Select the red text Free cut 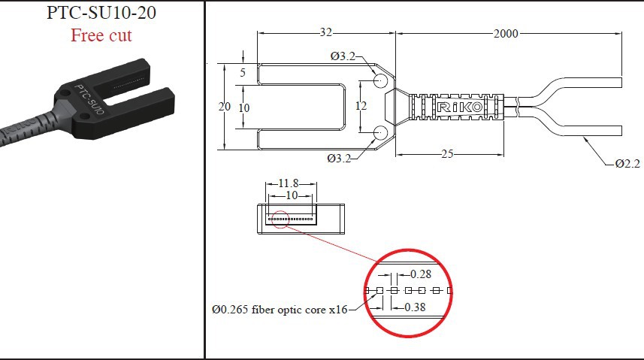coord(101,35)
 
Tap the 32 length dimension coord(326,33)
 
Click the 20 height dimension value coord(224,107)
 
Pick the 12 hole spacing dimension coord(361,106)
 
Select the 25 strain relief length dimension coord(447,155)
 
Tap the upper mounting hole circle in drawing coord(379,80)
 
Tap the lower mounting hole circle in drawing coord(379,133)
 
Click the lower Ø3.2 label coord(340,157)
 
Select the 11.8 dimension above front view coord(289,183)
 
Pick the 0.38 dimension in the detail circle coord(416,307)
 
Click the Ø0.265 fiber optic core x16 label coord(280,309)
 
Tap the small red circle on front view coord(281,219)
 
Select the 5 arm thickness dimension coord(242,74)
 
